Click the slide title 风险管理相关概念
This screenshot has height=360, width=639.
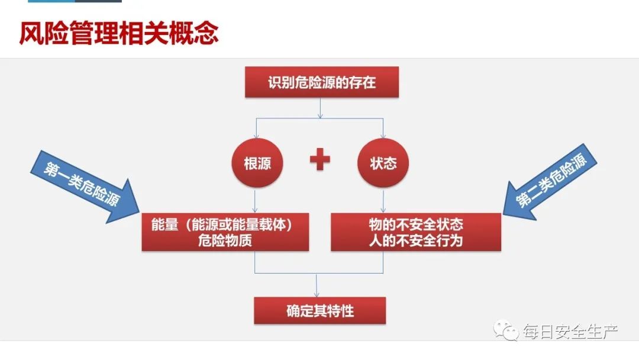click(118, 34)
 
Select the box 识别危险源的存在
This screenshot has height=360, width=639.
click(322, 82)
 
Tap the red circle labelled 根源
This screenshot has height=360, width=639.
click(257, 163)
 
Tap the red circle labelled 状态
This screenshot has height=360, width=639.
click(383, 163)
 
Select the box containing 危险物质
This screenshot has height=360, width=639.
click(225, 232)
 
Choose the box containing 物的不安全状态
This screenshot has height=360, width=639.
click(415, 232)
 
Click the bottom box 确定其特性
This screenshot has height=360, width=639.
click(319, 311)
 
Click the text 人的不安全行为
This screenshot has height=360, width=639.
click(415, 240)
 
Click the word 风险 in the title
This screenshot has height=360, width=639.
click(39, 34)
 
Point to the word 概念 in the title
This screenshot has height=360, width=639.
click(198, 34)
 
